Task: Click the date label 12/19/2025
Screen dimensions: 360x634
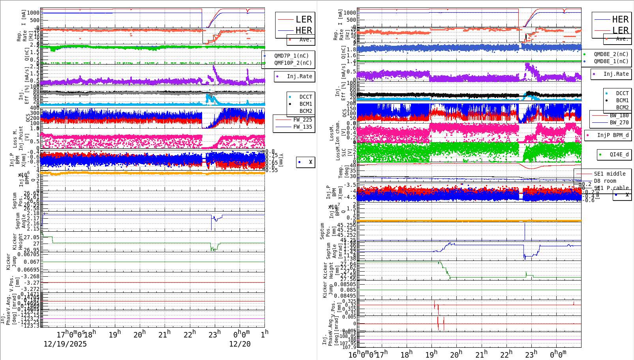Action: pos(65,344)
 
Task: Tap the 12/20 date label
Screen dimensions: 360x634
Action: pos(240,344)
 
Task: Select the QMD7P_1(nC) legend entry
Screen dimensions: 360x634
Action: pos(291,56)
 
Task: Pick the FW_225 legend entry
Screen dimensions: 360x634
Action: pos(302,120)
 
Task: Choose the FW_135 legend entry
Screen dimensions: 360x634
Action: pos(302,127)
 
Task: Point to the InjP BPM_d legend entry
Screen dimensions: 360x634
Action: pos(613,135)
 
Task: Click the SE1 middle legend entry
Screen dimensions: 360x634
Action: pos(610,174)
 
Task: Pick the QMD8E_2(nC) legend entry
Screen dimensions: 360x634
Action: pos(611,54)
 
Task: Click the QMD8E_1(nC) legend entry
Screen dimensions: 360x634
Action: pos(611,61)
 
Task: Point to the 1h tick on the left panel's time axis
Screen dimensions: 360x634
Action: pos(264,334)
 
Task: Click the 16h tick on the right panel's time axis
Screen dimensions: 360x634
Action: pos(353,354)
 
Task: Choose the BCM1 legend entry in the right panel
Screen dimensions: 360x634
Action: pos(622,100)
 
